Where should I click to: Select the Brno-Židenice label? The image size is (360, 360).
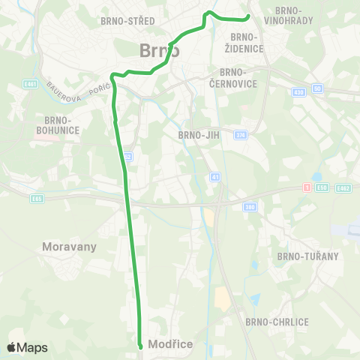click(245, 42)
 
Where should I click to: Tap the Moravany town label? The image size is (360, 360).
click(68, 245)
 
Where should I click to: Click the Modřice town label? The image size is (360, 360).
click(171, 343)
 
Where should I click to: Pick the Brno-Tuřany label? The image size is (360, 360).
click(308, 256)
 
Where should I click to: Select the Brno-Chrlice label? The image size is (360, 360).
click(277, 322)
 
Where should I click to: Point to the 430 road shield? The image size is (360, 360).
click(298, 91)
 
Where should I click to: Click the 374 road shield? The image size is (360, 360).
click(240, 135)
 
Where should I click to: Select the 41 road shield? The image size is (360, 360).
click(215, 176)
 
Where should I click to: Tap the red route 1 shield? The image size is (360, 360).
click(306, 187)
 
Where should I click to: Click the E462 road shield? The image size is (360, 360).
click(343, 187)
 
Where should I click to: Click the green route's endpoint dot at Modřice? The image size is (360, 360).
click(141, 346)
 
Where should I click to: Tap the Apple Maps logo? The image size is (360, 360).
click(27, 347)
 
